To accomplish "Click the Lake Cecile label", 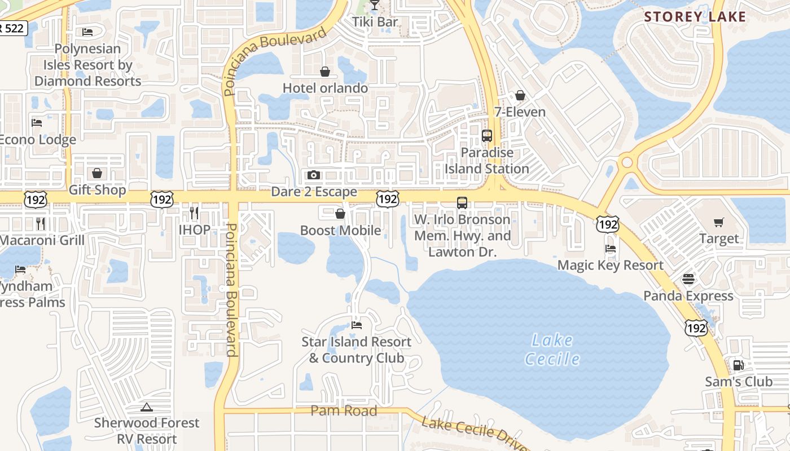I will click(x=552, y=350).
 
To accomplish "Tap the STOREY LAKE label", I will click(x=695, y=17).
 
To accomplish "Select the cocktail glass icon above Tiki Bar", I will click(x=375, y=6).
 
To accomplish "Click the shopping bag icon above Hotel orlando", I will click(x=325, y=72).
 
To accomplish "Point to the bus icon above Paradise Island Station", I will click(x=486, y=136).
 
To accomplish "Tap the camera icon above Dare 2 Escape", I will click(x=314, y=175).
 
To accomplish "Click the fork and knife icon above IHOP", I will click(x=194, y=213).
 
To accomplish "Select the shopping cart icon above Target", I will click(x=718, y=222).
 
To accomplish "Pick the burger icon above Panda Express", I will click(x=688, y=278).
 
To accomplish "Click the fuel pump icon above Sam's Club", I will click(x=738, y=365).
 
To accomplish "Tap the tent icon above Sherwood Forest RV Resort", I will click(x=147, y=407).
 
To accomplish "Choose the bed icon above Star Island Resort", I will click(x=356, y=325).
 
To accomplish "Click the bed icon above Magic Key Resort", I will click(x=610, y=248).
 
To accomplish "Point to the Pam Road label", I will click(x=344, y=411).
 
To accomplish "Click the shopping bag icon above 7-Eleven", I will click(x=520, y=95).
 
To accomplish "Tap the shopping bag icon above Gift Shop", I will click(x=97, y=173).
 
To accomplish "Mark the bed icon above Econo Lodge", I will click(x=37, y=122).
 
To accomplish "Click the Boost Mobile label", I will click(x=340, y=230).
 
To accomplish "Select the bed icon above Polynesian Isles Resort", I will click(x=87, y=32).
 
